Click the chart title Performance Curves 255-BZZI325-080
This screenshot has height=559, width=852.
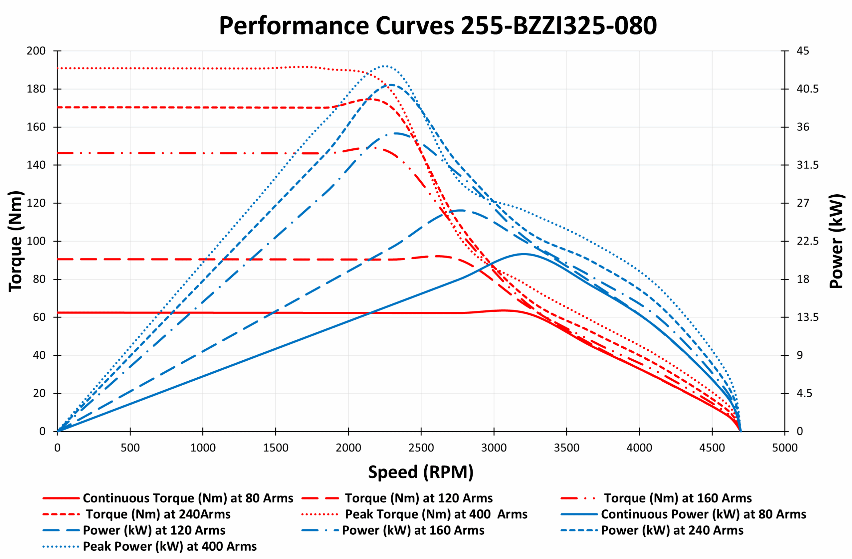point(437,26)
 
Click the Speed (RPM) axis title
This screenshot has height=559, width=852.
point(421,472)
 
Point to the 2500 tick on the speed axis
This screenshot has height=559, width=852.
point(421,448)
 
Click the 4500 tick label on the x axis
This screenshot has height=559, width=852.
point(712,448)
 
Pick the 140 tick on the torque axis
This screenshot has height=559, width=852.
point(36,165)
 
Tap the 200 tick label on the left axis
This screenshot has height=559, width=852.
point(36,51)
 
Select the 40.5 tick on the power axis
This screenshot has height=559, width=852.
point(807,89)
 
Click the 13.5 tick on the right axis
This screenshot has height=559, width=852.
point(807,317)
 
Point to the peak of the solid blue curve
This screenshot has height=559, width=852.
point(524,254)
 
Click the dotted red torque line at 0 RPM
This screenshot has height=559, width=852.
point(58,68)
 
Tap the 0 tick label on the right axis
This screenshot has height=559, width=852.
point(800,431)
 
